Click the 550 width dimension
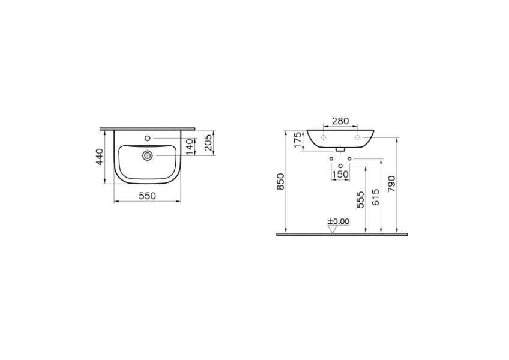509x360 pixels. [148, 196]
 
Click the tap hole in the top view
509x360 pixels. [146, 139]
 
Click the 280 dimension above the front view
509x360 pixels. [340, 121]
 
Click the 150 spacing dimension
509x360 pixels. [340, 174]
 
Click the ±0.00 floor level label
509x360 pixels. [338, 221]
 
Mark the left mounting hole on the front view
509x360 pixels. [323, 138]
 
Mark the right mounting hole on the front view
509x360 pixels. [358, 138]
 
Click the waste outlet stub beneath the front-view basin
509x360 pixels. [340, 149]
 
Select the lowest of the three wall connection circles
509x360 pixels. [340, 166]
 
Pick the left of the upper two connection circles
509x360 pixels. [331, 158]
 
